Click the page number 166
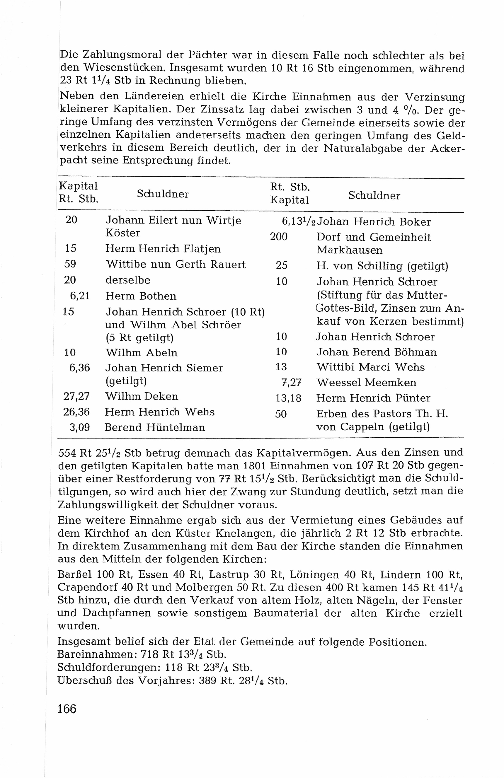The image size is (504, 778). pyautogui.click(x=67, y=708)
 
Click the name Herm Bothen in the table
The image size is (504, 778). pyautogui.click(x=141, y=296)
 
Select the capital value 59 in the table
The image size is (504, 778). pyautogui.click(x=70, y=264)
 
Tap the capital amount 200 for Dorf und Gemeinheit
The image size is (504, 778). pyautogui.click(x=279, y=236)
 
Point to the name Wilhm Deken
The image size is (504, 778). pyautogui.click(x=141, y=396)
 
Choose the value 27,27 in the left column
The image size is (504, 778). pyautogui.click(x=76, y=396)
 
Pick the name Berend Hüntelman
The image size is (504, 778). pyautogui.click(x=155, y=427)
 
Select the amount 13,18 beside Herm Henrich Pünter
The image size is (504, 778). pyautogui.click(x=288, y=398)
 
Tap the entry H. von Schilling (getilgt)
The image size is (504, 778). pyautogui.click(x=382, y=266)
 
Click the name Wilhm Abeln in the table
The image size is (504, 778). pyautogui.click(x=141, y=352)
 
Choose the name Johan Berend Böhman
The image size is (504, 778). pyautogui.click(x=377, y=352)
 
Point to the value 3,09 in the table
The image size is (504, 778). pyautogui.click(x=79, y=427)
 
